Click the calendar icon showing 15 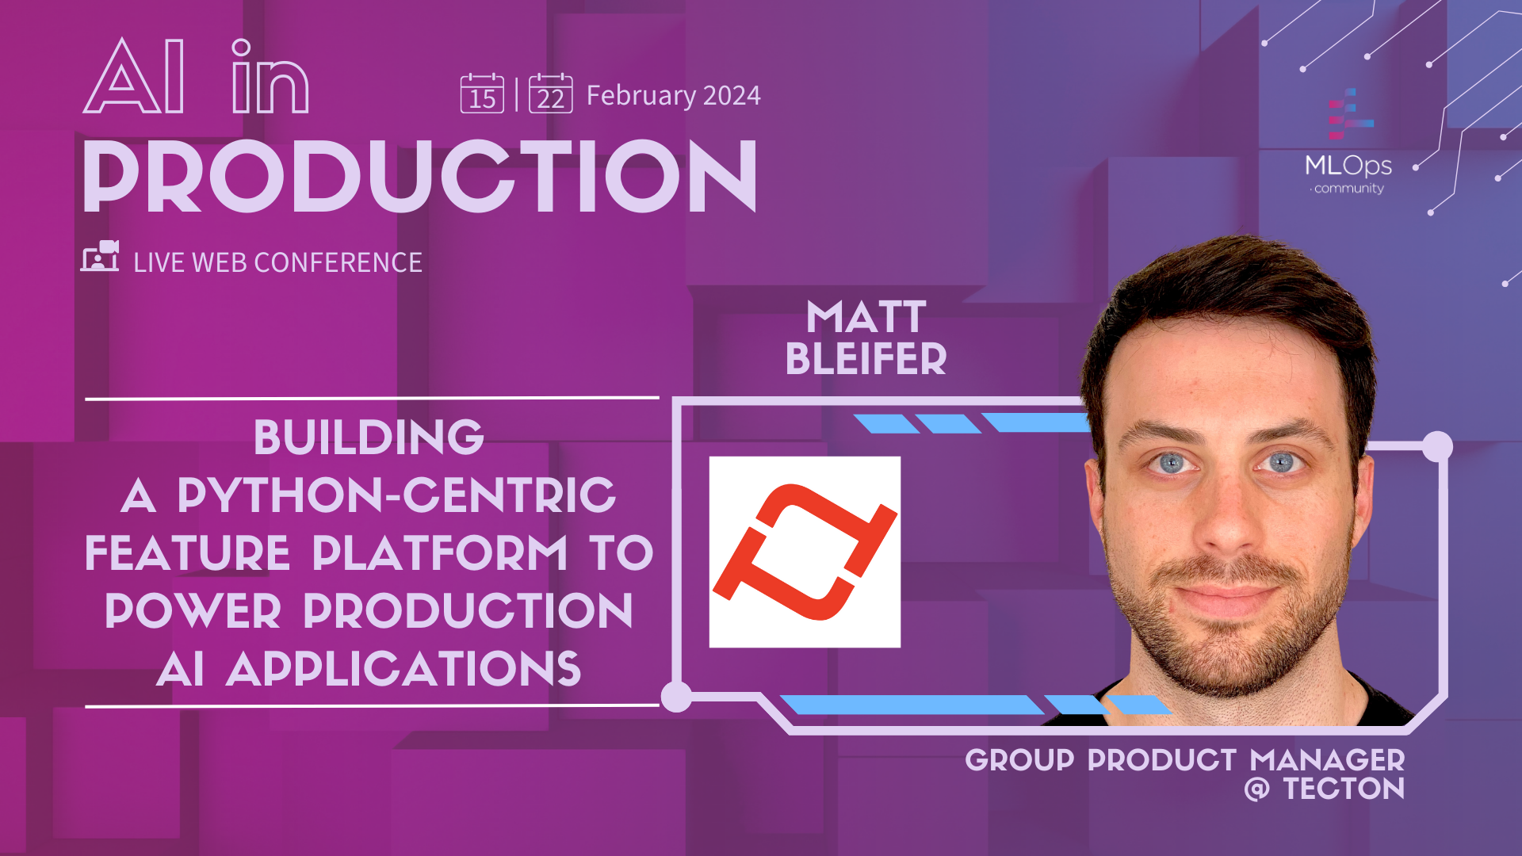(x=482, y=94)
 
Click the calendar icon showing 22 (x=550, y=94)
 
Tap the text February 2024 (x=673, y=96)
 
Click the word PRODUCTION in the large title (x=420, y=177)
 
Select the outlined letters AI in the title (x=136, y=78)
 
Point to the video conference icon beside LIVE (x=100, y=257)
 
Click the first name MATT (x=866, y=318)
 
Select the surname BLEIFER (x=866, y=360)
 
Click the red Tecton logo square (x=805, y=552)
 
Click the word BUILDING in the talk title (x=369, y=438)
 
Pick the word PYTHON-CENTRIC (x=396, y=495)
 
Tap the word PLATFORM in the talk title (x=440, y=553)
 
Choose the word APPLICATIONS (x=403, y=670)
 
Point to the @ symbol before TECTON (x=1256, y=789)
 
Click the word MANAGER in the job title (x=1327, y=760)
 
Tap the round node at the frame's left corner (x=676, y=697)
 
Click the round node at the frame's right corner (x=1436, y=446)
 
